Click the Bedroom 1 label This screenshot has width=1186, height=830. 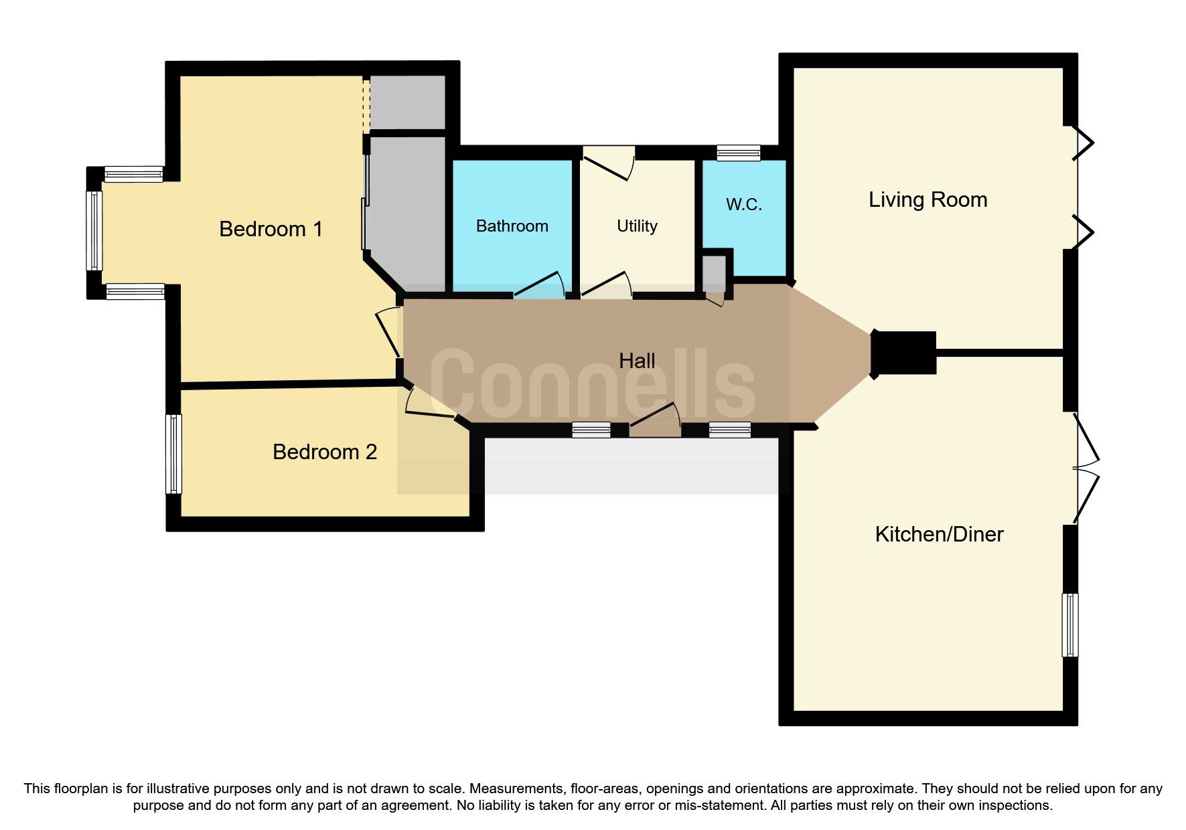(271, 230)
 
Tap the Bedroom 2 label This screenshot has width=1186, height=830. (324, 452)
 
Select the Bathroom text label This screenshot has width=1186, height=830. (512, 226)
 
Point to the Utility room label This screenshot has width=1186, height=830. (636, 226)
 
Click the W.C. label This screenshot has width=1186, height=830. (743, 205)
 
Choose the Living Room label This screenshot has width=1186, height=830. (928, 200)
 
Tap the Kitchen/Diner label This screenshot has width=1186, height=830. (939, 535)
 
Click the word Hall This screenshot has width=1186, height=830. (636, 361)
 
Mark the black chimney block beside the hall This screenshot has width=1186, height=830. (903, 353)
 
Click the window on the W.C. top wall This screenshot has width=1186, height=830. (739, 153)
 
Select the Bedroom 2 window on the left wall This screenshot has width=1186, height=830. (173, 453)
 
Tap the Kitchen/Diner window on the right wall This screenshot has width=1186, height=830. (1070, 625)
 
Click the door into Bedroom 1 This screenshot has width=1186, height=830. (388, 331)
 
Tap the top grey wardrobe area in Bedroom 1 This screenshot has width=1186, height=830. (407, 102)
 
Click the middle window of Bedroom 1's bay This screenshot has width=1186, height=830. (94, 230)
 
